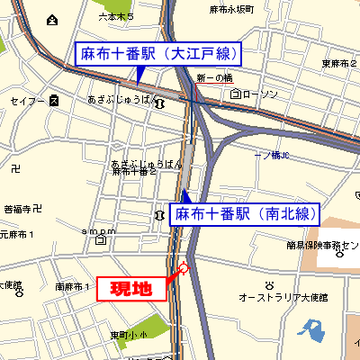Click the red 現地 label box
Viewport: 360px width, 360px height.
click(x=131, y=288)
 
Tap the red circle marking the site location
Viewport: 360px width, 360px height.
click(x=184, y=266)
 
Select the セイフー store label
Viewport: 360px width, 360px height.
click(x=28, y=102)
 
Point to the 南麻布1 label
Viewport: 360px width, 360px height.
click(x=72, y=286)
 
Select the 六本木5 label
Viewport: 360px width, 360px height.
click(x=115, y=17)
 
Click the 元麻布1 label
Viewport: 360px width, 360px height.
click(x=18, y=234)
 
